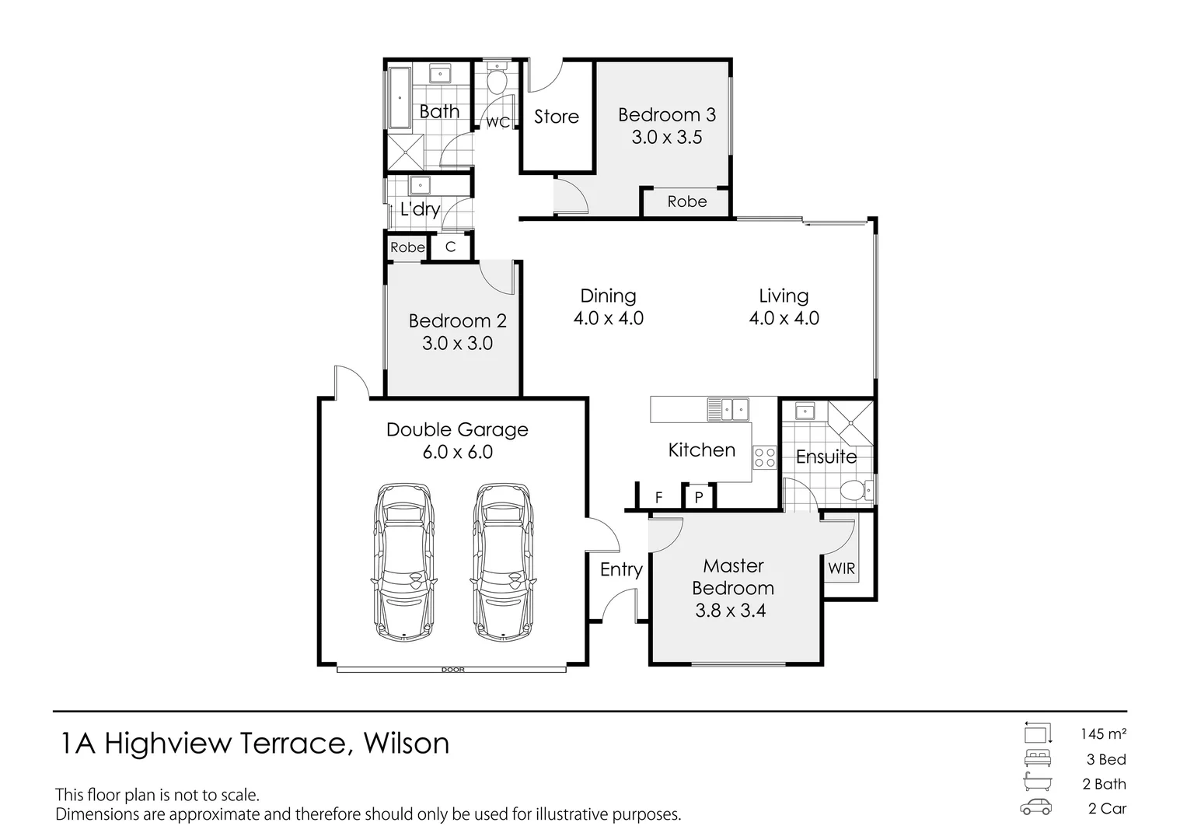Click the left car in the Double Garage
404,562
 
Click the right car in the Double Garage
503,562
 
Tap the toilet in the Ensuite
857,491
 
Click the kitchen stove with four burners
764,457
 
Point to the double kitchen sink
728,408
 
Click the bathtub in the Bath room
399,99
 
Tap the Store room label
556,117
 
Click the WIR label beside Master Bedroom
841,569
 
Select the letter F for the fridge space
658,498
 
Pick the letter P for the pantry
699,497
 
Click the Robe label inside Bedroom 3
687,201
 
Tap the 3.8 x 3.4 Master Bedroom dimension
730,611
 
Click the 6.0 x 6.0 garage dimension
457,452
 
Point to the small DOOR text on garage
452,670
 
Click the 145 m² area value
1103,733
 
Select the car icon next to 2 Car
1036,807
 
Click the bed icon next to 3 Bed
1036,758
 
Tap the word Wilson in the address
407,744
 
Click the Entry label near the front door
621,569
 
